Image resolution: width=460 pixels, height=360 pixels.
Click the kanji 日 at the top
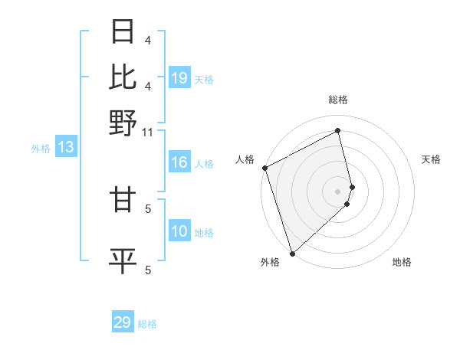tap(123, 32)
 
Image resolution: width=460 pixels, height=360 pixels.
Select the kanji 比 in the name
tap(123, 77)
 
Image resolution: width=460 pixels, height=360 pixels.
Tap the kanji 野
tap(123, 123)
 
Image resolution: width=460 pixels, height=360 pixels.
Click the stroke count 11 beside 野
tap(149, 133)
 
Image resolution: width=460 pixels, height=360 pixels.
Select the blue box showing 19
tap(179, 78)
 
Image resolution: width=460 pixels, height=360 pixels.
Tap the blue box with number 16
tap(179, 163)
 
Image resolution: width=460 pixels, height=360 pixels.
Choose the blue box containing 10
tap(179, 232)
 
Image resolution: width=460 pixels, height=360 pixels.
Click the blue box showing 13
tap(66, 148)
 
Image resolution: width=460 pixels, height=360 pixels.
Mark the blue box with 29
tap(123, 322)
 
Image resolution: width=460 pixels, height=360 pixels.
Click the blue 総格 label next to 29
tap(147, 324)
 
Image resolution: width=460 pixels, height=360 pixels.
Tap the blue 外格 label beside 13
tap(41, 149)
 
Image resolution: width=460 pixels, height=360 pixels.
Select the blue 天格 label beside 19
tap(204, 80)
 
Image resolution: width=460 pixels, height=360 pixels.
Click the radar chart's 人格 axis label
tap(245, 159)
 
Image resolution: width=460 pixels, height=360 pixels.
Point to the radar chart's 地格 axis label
tap(402, 262)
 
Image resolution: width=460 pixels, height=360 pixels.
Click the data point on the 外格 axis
tap(291, 252)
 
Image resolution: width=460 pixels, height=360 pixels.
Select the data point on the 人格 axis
tap(264, 168)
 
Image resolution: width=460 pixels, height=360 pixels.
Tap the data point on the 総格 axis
tap(338, 131)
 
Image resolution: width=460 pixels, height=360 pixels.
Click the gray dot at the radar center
tap(338, 191)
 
